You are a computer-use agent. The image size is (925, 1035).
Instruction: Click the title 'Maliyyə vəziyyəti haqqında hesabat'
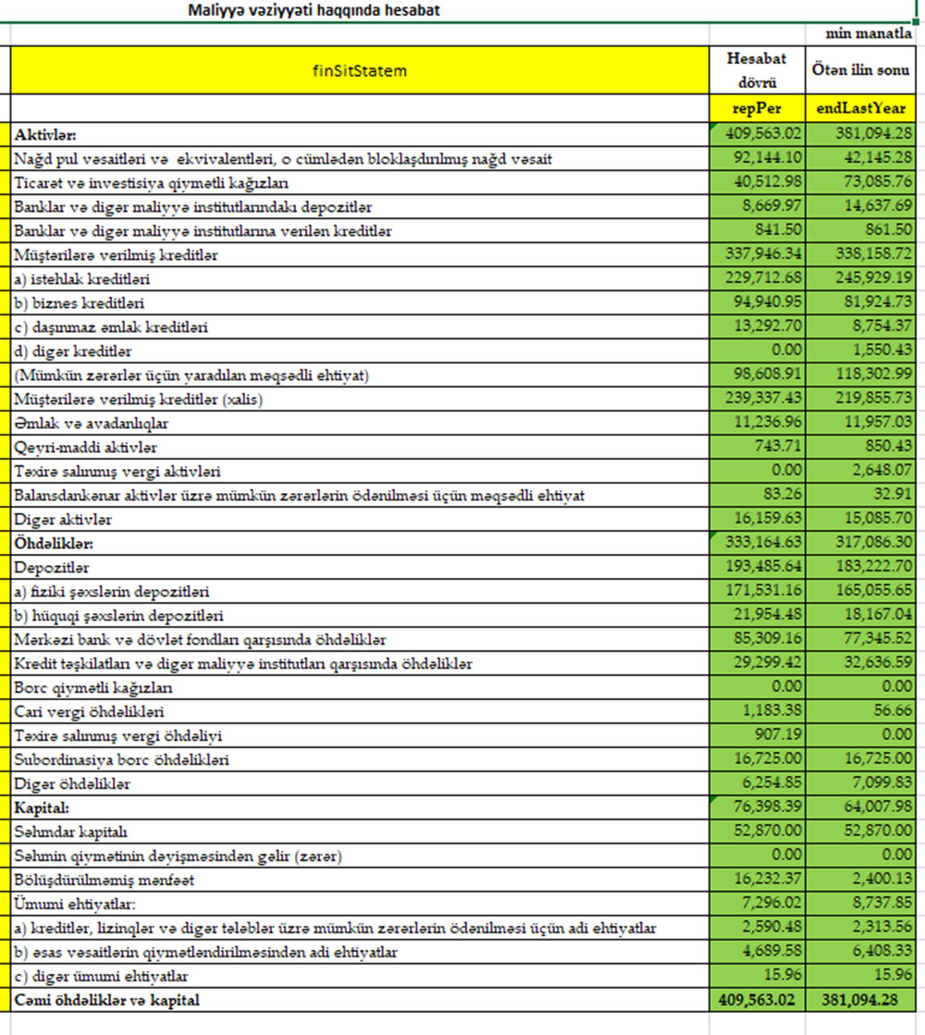tap(314, 11)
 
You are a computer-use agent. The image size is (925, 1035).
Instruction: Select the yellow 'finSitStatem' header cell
tap(360, 70)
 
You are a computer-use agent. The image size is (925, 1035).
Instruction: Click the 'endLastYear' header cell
tap(860, 108)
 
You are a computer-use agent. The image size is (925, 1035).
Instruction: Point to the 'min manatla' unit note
tap(869, 34)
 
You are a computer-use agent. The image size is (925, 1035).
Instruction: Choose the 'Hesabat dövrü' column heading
tap(757, 69)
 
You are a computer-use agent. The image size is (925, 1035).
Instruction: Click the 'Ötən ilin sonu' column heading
tap(860, 69)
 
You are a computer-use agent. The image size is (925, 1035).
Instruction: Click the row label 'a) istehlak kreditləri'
tap(82, 278)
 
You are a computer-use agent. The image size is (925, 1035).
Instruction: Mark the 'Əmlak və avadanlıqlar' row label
tap(91, 423)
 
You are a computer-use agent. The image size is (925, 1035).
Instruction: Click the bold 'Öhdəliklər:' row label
tap(54, 543)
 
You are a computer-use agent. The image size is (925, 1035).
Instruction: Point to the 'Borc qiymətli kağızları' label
tap(93, 687)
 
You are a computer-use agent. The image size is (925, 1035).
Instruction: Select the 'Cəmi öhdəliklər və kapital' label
tap(107, 1000)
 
